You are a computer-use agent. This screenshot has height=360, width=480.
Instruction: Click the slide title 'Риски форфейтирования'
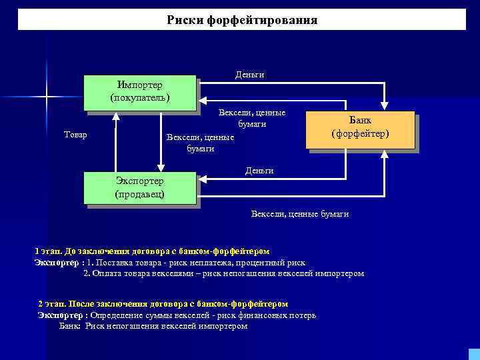click(241, 20)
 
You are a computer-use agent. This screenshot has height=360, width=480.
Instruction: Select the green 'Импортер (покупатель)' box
click(140, 92)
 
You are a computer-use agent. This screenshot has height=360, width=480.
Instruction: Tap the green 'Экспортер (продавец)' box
click(140, 187)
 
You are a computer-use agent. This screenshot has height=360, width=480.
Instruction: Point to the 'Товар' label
click(75, 135)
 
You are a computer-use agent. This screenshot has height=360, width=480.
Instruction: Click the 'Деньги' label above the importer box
click(250, 75)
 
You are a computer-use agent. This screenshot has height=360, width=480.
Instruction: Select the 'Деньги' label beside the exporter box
click(259, 171)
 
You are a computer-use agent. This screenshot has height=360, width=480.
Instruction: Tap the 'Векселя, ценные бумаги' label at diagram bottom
click(299, 214)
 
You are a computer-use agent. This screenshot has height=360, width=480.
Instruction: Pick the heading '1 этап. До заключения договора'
click(152, 251)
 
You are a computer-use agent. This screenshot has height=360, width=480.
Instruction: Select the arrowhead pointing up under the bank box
click(385, 155)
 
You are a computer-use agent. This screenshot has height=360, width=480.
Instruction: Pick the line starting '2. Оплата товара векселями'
click(223, 273)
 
